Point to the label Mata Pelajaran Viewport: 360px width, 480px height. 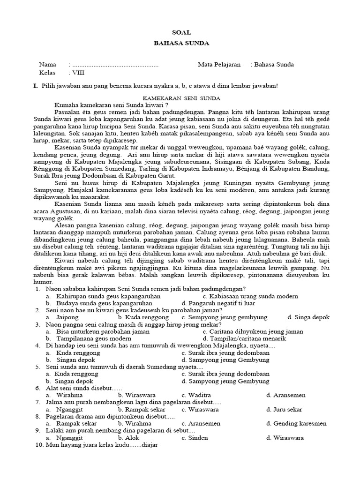pyautogui.click(x=219, y=65)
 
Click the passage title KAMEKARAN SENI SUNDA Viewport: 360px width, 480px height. pyautogui.click(x=182, y=98)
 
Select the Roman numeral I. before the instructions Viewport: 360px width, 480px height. pyautogui.click(x=35, y=86)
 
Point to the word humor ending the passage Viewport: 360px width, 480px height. pyautogui.click(x=45, y=282)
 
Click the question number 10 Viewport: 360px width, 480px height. pyautogui.click(x=39, y=445)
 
